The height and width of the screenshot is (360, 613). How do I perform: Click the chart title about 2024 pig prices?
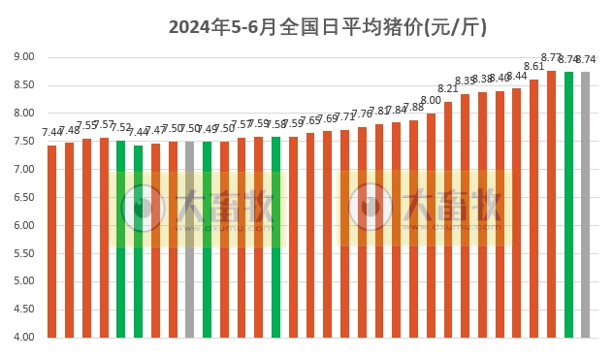[x=328, y=27]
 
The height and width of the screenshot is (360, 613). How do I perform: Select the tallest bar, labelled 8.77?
[x=551, y=204]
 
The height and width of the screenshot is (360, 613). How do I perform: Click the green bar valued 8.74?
[x=568, y=205]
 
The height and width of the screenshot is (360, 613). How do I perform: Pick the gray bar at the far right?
[x=585, y=205]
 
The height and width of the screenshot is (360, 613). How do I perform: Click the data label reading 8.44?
[x=517, y=77]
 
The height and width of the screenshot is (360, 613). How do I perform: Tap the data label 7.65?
[x=309, y=121]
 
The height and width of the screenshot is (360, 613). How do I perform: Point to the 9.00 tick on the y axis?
[x=23, y=57]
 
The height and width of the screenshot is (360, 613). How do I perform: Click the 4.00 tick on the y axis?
[x=23, y=338]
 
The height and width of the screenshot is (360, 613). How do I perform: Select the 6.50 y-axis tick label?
[x=23, y=197]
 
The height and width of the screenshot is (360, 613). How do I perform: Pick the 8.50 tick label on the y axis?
[x=23, y=85]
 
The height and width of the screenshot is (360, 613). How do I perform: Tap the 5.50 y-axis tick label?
[x=23, y=253]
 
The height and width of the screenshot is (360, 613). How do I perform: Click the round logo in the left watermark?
[x=143, y=207]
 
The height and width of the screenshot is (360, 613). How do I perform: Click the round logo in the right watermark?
[x=371, y=207]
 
